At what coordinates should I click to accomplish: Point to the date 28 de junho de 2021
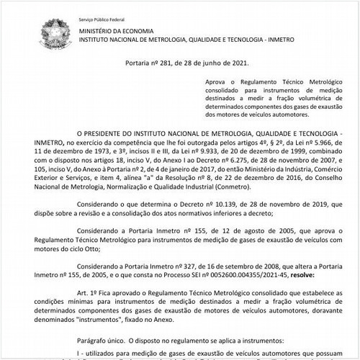coord(204,63)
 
